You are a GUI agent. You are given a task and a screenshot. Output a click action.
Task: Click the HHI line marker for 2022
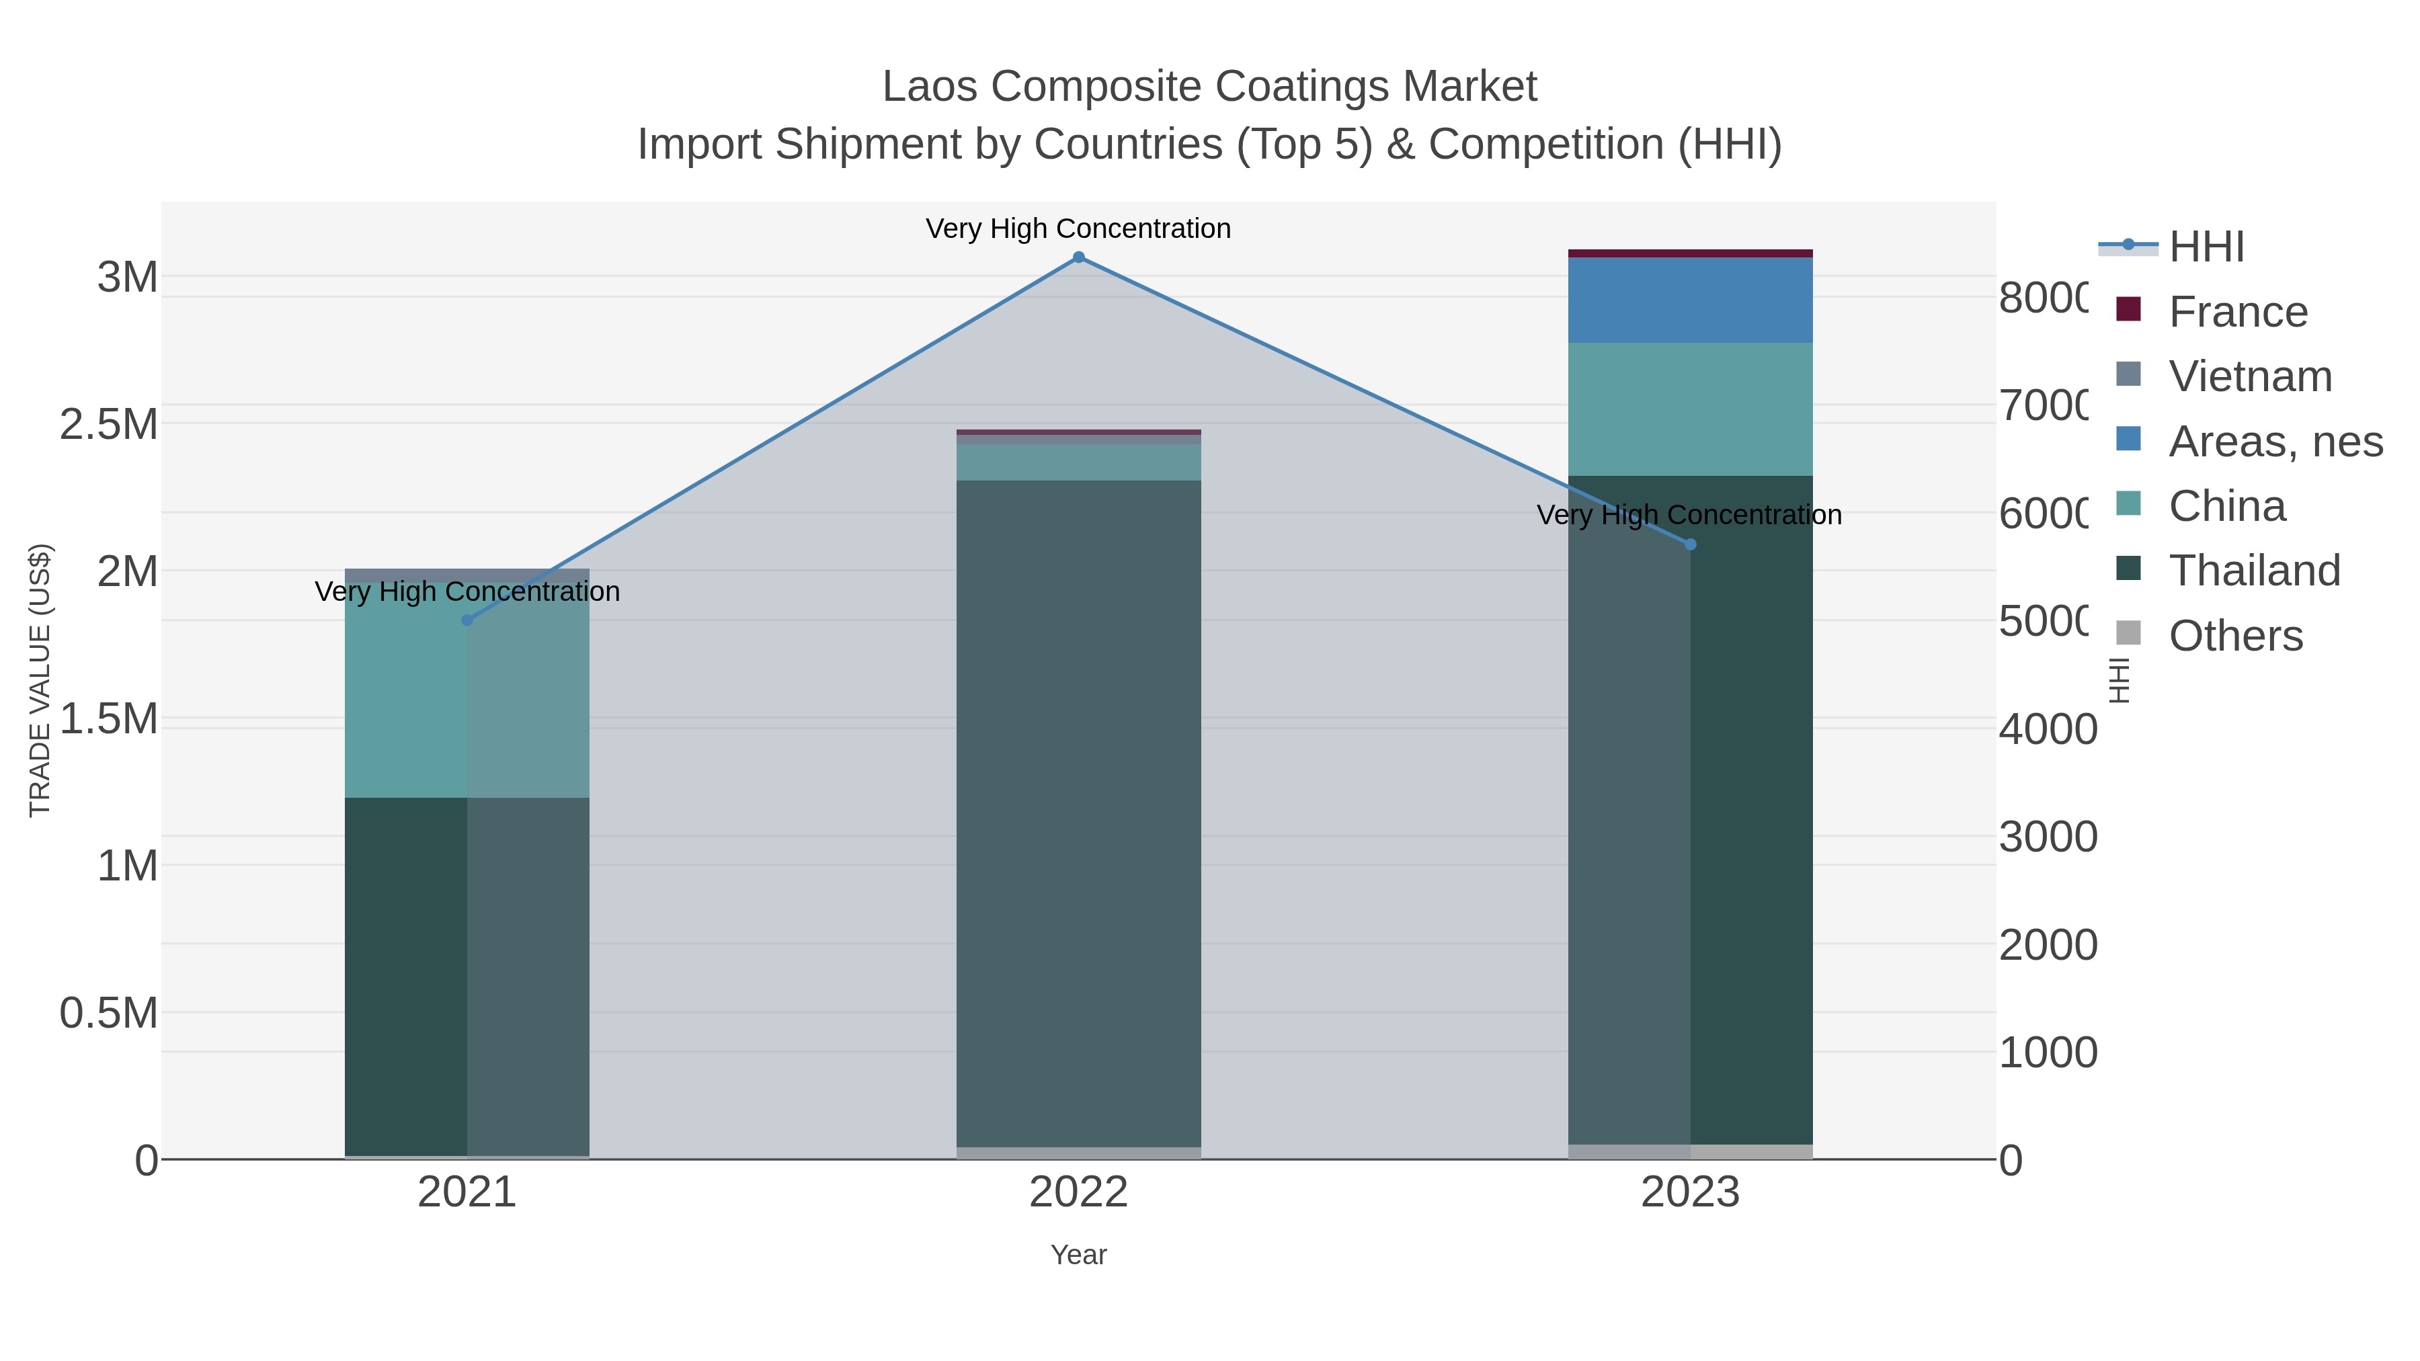(1078, 257)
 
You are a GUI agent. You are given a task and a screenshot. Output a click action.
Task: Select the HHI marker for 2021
(467, 620)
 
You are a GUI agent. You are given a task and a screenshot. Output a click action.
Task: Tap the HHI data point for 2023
(1690, 544)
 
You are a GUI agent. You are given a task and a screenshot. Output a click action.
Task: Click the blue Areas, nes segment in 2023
(1690, 300)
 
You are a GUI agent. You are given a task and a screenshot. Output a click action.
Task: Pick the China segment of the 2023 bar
(1690, 409)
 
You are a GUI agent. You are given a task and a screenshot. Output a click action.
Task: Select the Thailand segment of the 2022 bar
(1078, 813)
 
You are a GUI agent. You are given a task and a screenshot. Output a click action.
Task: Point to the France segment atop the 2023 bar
(1690, 253)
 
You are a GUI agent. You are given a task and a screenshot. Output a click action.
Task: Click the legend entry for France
(2236, 312)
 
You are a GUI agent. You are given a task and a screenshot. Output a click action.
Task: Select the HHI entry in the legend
(2206, 247)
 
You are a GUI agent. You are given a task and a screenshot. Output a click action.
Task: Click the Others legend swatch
(2129, 634)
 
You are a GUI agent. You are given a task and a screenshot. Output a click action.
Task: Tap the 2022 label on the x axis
(1078, 1193)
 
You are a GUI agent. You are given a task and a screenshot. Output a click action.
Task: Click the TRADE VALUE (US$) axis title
(40, 680)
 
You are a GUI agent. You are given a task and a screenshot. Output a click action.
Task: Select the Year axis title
(1078, 1255)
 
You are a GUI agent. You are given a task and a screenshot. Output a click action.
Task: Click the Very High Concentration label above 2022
(1078, 229)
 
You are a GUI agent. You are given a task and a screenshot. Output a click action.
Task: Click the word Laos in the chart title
(931, 87)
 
